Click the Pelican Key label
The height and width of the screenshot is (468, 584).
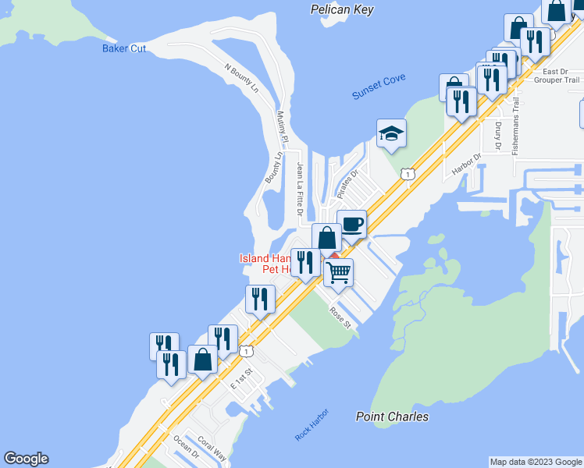pyautogui.click(x=342, y=9)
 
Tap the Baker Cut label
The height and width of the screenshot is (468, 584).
pyautogui.click(x=124, y=48)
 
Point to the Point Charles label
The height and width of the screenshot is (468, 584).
pyautogui.click(x=392, y=417)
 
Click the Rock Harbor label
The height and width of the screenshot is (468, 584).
pyautogui.click(x=312, y=424)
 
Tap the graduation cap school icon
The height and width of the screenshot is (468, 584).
pyautogui.click(x=391, y=133)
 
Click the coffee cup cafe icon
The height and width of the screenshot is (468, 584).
pyautogui.click(x=351, y=225)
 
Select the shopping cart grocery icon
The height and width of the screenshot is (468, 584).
pyautogui.click(x=338, y=273)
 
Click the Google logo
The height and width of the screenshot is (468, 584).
pyautogui.click(x=26, y=459)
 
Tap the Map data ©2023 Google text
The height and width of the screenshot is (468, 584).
pyautogui.click(x=536, y=462)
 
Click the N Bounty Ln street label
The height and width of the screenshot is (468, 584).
pyautogui.click(x=241, y=79)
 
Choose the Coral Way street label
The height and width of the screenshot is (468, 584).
pyautogui.click(x=212, y=448)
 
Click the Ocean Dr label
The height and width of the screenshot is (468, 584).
pyautogui.click(x=187, y=448)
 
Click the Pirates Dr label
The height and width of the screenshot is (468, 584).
pyautogui.click(x=347, y=183)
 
